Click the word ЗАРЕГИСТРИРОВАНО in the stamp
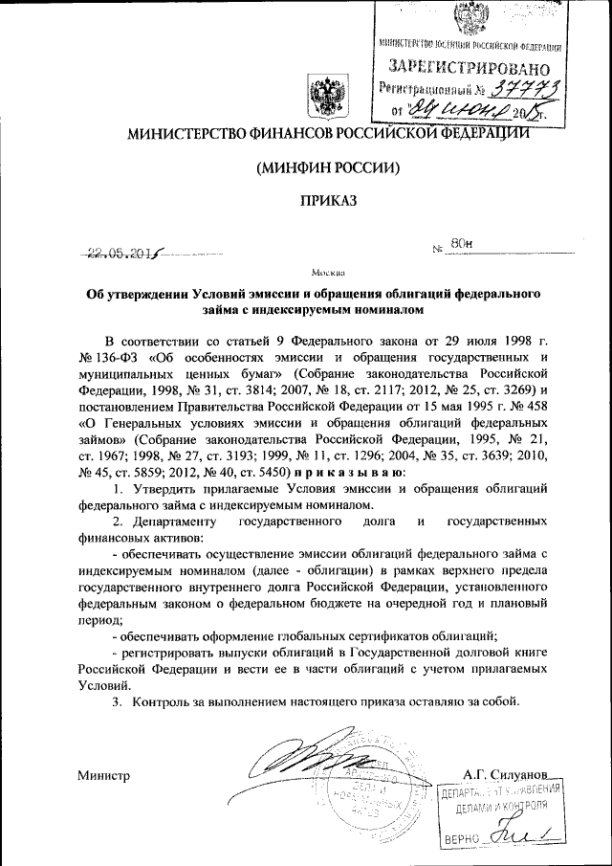coord(470,67)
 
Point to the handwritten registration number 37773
coord(522,89)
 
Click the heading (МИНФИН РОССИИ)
coord(328,167)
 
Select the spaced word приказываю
coord(351,472)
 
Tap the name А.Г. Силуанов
coord(503,772)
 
